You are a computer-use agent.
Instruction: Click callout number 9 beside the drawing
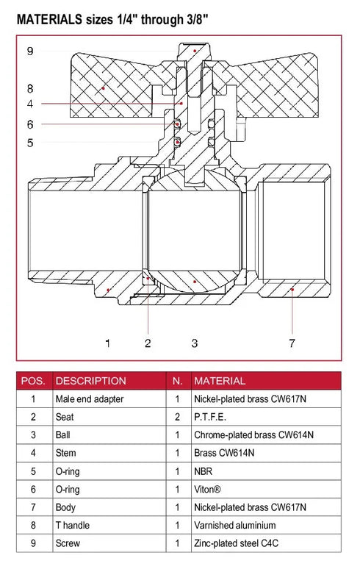(30, 51)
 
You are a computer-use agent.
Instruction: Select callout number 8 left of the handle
(30, 87)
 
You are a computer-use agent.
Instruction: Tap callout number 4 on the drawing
(30, 104)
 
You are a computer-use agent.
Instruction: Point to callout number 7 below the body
(292, 343)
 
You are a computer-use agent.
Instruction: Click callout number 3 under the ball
(194, 343)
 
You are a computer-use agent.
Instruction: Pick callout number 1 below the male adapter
(107, 343)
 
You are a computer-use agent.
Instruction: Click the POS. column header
(33, 381)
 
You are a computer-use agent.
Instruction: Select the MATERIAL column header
(219, 381)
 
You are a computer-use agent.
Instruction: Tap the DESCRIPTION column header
(90, 381)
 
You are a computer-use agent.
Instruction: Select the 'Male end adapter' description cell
(90, 399)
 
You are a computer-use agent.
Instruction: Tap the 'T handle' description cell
(73, 525)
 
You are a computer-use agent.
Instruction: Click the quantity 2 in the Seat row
(177, 417)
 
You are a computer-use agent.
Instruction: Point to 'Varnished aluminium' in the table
(234, 525)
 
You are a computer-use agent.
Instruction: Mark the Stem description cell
(65, 453)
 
